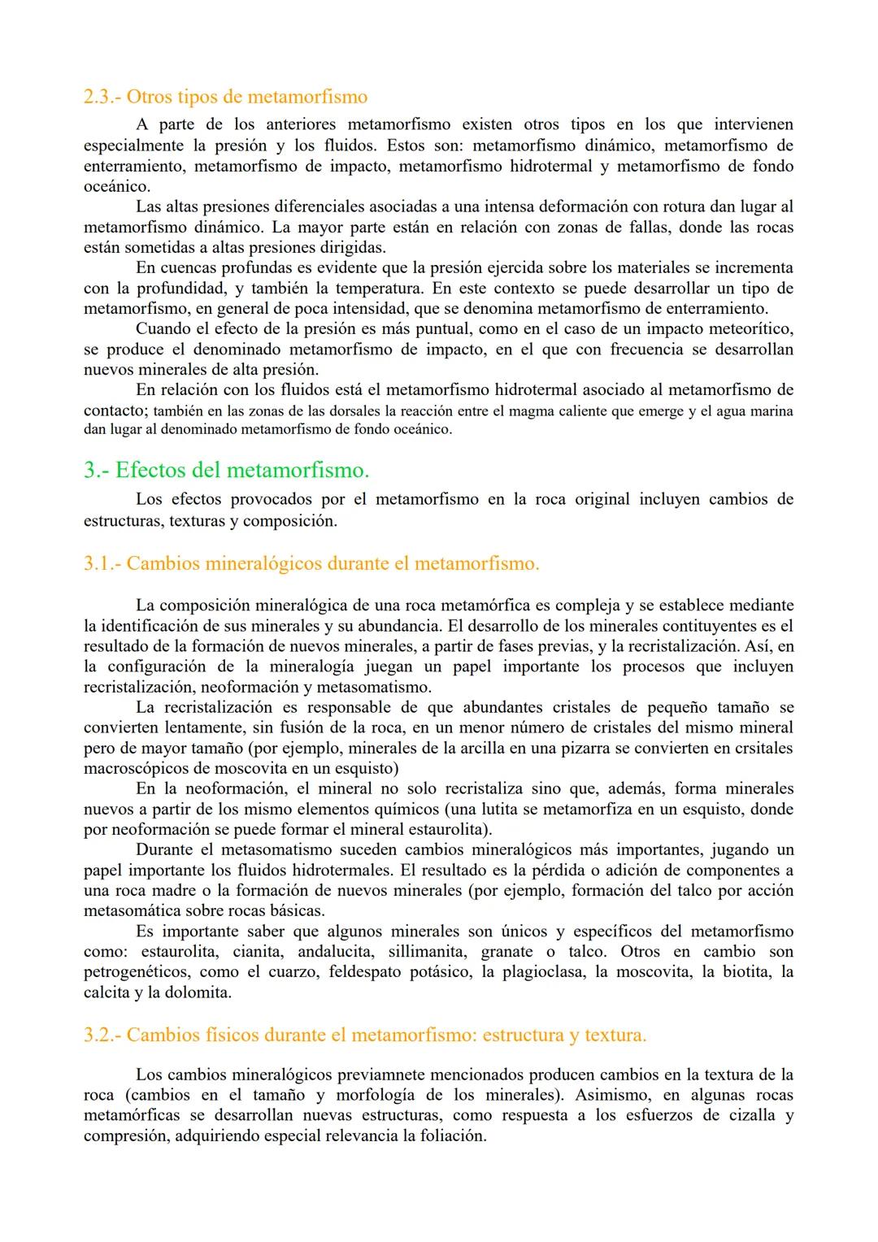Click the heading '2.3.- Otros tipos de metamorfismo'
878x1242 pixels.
(x=225, y=98)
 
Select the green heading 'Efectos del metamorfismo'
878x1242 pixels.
(x=227, y=470)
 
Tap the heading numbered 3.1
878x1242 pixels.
(x=311, y=563)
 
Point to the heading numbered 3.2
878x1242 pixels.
(x=365, y=1035)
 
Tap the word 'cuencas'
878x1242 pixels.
(x=193, y=268)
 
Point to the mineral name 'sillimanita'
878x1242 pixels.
(x=427, y=952)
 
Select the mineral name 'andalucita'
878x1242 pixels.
(x=334, y=952)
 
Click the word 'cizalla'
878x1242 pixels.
(x=739, y=1115)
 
